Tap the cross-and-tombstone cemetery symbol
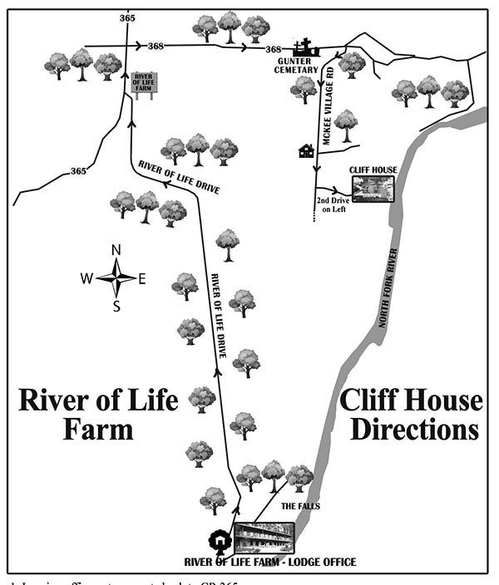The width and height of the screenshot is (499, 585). pyautogui.click(x=305, y=48)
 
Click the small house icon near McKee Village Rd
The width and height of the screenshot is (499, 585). pyautogui.click(x=306, y=150)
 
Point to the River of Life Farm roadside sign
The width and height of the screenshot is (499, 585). pyautogui.click(x=145, y=84)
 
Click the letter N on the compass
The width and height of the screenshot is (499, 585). pyautogui.click(x=116, y=250)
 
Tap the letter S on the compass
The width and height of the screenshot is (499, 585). pyautogui.click(x=116, y=306)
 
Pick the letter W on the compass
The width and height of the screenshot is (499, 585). pyautogui.click(x=86, y=279)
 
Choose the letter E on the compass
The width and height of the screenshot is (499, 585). pyautogui.click(x=142, y=279)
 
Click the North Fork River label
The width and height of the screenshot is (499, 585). pyautogui.click(x=388, y=287)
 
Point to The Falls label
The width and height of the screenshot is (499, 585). pyautogui.click(x=300, y=506)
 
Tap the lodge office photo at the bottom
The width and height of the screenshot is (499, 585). pyautogui.click(x=264, y=538)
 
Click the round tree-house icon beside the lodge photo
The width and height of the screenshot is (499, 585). pyautogui.click(x=219, y=541)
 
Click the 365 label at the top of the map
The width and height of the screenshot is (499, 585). pyautogui.click(x=127, y=17)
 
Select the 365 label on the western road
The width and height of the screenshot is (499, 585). pyautogui.click(x=78, y=171)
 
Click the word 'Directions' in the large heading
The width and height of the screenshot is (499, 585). pyautogui.click(x=414, y=430)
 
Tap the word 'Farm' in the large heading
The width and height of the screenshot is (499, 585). pyautogui.click(x=98, y=430)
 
